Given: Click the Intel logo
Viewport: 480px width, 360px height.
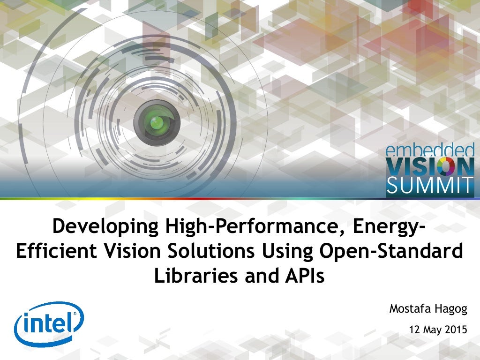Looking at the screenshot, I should [x=49, y=323].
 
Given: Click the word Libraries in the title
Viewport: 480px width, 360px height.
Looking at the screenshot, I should [x=195, y=276].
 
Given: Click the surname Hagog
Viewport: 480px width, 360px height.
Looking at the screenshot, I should [x=449, y=309].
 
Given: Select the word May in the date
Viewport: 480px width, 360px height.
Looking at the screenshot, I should [x=432, y=330].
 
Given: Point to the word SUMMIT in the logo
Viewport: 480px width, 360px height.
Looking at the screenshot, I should [x=430, y=186].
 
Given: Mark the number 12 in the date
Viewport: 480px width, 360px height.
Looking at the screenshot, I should [x=414, y=330].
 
